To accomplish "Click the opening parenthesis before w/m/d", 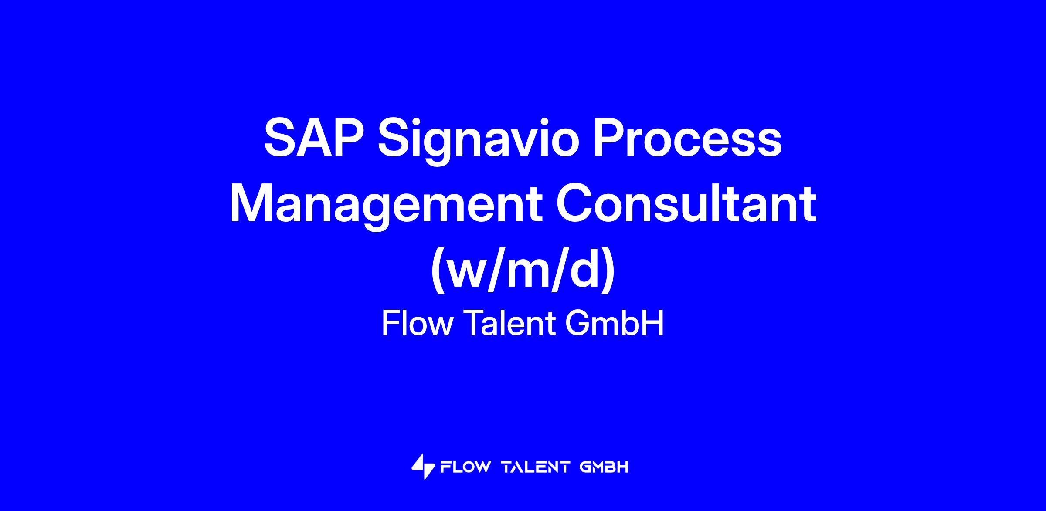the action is pos(438,271).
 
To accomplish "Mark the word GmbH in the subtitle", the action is pos(615,323).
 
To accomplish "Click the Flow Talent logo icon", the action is pos(423,467).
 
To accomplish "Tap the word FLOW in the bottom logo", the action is pos(466,467).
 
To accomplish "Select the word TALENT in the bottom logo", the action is pos(536,467).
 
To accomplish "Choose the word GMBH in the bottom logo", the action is pos(604,467).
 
